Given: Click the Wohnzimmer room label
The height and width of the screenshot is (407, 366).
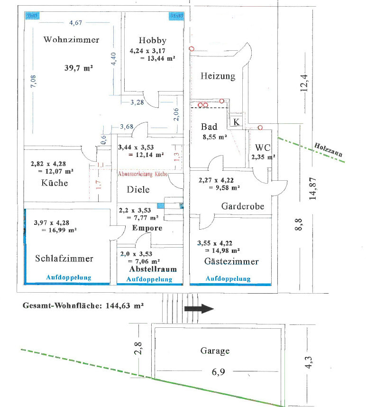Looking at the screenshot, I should (71, 39).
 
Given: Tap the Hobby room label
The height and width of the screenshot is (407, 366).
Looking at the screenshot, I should (153, 40).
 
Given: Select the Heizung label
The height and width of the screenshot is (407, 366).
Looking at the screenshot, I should (218, 76).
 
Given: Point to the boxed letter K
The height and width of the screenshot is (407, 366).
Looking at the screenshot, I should (237, 122).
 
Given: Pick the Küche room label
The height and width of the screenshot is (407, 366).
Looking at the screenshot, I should (55, 183).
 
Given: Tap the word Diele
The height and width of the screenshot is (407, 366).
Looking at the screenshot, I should (138, 189).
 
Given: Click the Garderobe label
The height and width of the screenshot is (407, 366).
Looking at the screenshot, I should (242, 206).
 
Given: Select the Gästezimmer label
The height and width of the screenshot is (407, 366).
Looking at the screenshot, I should (231, 261).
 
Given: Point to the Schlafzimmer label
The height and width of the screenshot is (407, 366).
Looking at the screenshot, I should (64, 259).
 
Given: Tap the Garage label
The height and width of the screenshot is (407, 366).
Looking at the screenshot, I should (215, 351).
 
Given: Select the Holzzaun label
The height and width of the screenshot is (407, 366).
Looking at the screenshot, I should (329, 150).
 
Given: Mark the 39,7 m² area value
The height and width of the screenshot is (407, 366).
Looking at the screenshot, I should (78, 68).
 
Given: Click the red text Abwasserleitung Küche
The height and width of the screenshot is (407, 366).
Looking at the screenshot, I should (143, 174).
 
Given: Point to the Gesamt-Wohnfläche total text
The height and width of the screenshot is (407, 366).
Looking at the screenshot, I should (83, 306).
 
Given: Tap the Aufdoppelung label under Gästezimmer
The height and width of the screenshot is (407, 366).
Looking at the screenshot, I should (228, 279).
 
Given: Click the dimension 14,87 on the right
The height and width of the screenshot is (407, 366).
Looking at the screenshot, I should (312, 189).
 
